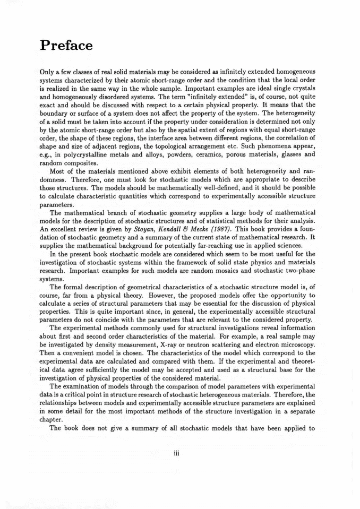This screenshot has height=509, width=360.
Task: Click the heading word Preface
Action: tap(67, 46)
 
